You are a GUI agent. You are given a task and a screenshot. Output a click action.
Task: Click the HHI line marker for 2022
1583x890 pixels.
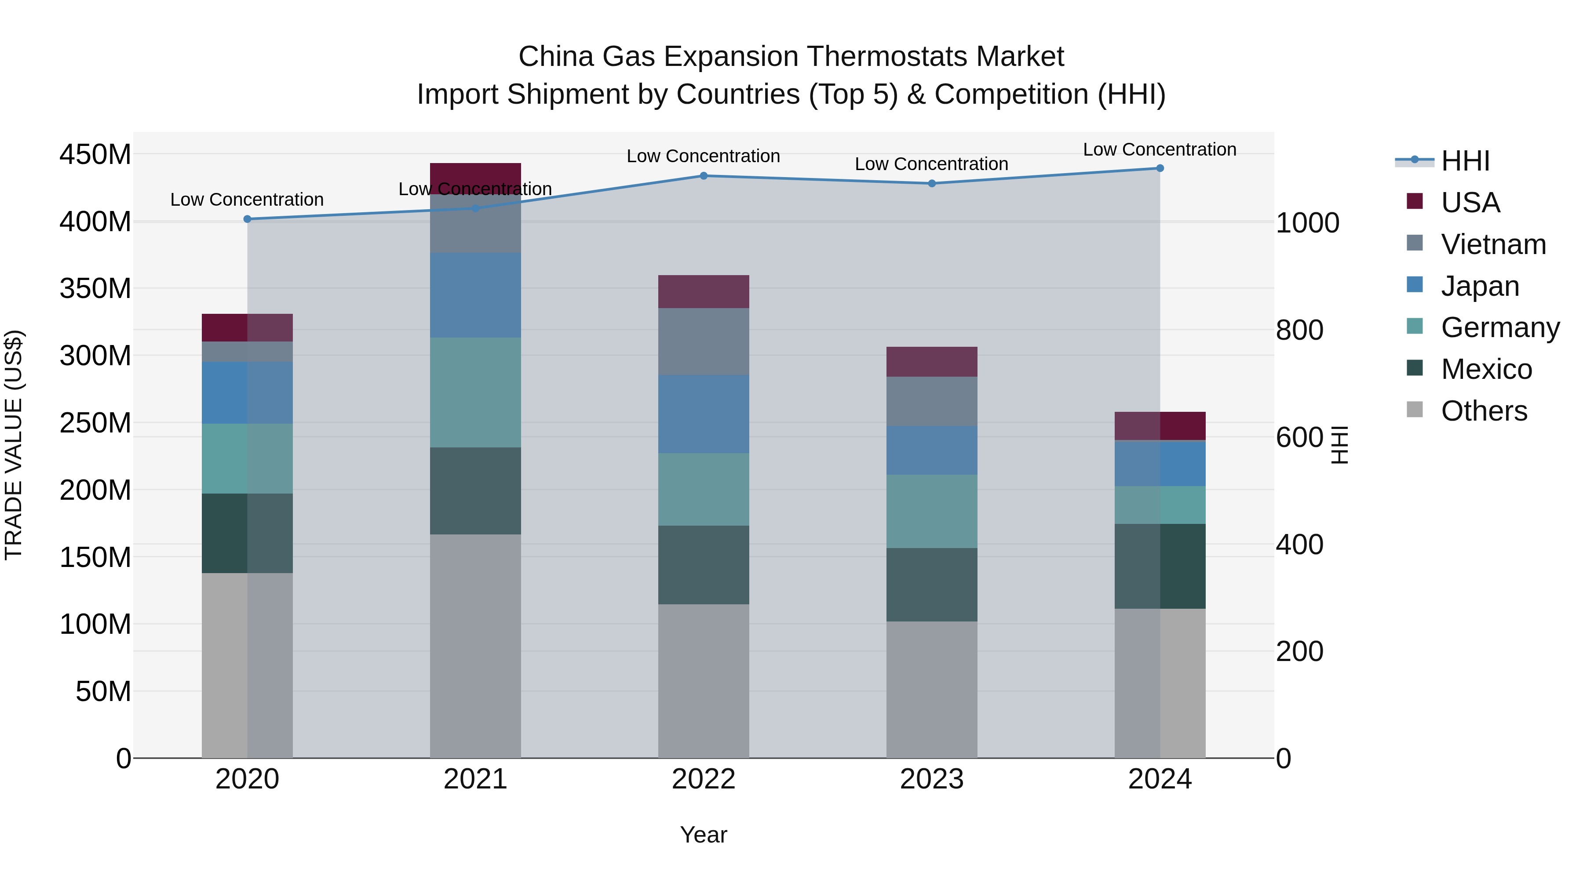click(704, 176)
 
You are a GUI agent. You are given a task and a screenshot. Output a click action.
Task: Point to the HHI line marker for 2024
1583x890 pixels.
click(1160, 168)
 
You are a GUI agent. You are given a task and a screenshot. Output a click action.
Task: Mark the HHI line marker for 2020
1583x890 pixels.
click(247, 219)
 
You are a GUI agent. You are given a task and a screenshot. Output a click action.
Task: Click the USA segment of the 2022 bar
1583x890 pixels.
click(704, 292)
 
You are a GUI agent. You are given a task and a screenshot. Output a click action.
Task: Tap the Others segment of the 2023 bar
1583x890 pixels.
click(932, 689)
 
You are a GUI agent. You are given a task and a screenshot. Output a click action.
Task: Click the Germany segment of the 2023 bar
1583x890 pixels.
click(932, 511)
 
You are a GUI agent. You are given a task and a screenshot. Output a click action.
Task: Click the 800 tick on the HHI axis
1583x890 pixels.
click(1299, 331)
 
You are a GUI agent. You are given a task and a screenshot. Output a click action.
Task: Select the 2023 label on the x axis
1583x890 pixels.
click(932, 779)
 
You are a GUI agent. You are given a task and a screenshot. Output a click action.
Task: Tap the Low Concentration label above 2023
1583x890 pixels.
click(932, 164)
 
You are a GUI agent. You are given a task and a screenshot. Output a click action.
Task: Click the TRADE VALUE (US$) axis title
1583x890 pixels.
click(14, 445)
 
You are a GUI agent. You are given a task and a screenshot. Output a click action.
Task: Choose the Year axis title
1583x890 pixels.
click(704, 835)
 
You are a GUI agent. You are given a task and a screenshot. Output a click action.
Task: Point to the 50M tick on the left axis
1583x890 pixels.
click(103, 692)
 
